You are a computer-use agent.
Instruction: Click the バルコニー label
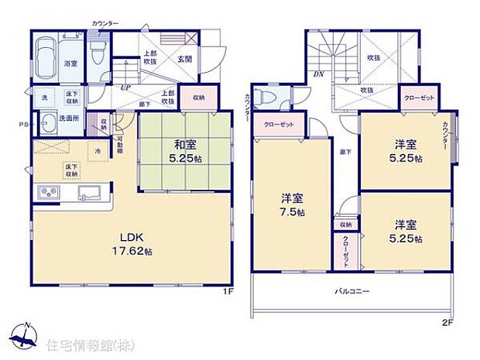coord(351,292)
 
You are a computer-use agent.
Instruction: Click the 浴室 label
coord(70,63)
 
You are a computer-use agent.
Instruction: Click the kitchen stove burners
coord(46,193)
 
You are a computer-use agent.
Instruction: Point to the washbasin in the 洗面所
coord(50,121)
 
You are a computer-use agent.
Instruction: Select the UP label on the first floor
coord(125,87)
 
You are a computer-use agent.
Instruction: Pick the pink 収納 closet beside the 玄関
coord(198,98)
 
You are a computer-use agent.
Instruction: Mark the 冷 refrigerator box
coord(98,149)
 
